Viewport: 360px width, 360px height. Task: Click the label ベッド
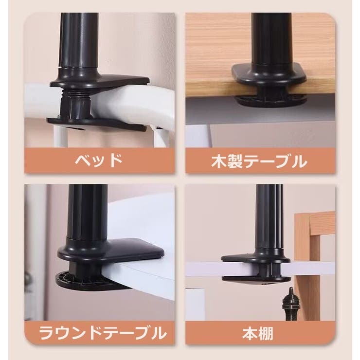point(99,161)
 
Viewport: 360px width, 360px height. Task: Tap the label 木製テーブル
point(259,162)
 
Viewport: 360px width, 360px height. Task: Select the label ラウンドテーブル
point(103,333)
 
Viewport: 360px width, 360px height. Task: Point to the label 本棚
point(258,334)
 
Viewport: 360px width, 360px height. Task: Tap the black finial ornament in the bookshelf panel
point(290,304)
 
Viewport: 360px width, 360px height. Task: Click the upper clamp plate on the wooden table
point(269,74)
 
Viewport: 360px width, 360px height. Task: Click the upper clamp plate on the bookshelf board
point(255,258)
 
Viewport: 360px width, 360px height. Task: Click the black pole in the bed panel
point(78,40)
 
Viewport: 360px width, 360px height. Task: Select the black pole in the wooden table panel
point(271,39)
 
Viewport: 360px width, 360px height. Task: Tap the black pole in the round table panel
point(87,213)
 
